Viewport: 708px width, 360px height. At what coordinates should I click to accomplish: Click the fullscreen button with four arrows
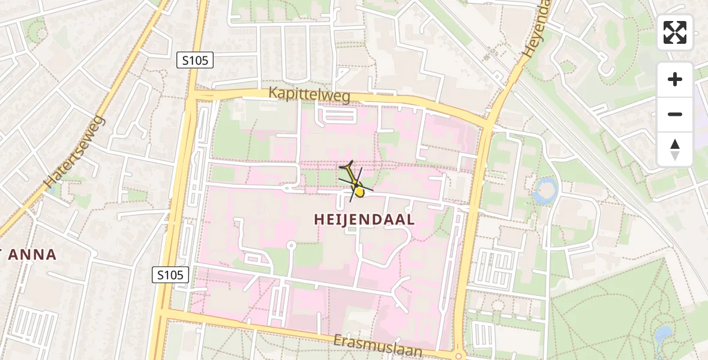pyautogui.click(x=675, y=32)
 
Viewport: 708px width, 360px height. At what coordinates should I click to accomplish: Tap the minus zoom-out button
pyautogui.click(x=675, y=114)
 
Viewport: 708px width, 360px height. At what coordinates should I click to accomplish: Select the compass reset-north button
pyautogui.click(x=675, y=149)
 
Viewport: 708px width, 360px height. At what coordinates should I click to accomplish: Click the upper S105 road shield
pyautogui.click(x=196, y=60)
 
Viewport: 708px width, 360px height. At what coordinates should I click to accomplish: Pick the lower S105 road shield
pyautogui.click(x=171, y=275)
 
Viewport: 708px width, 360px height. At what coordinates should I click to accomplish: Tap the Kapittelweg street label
pyautogui.click(x=310, y=95)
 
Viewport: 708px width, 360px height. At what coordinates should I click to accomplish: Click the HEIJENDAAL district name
pyautogui.click(x=364, y=220)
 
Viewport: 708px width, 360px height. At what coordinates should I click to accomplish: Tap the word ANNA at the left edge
pyautogui.click(x=33, y=254)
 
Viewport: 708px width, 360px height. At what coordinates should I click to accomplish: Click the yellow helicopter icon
pyautogui.click(x=355, y=183)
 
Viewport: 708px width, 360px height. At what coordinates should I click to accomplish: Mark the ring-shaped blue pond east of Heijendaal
pyautogui.click(x=545, y=190)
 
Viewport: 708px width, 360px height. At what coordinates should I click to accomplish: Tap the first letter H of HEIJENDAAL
pyautogui.click(x=319, y=220)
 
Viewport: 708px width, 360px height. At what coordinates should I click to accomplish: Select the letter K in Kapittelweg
pyautogui.click(x=274, y=93)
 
